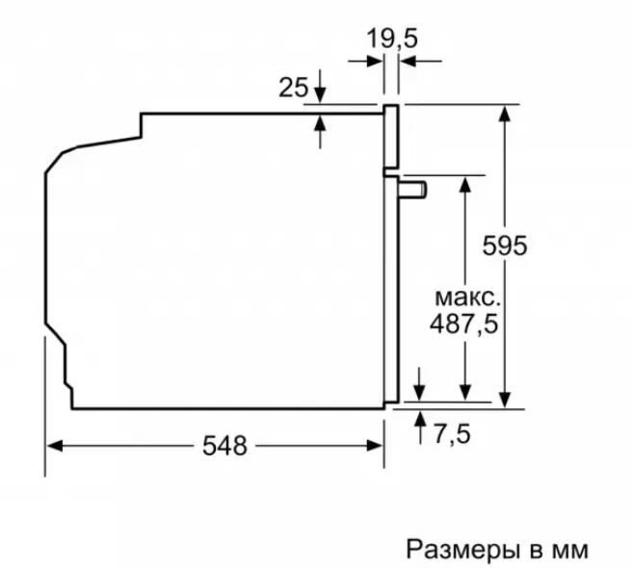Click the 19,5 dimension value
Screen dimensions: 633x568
tap(392, 39)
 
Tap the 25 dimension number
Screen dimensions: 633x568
tap(293, 88)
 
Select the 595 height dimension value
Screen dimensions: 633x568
tap(505, 245)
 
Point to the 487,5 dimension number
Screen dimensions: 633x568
tap(463, 323)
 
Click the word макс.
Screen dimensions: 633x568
tap(467, 298)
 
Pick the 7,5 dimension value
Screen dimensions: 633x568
tap(452, 434)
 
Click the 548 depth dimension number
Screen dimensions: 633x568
tap(224, 446)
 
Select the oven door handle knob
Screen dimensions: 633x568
tap(412, 190)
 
